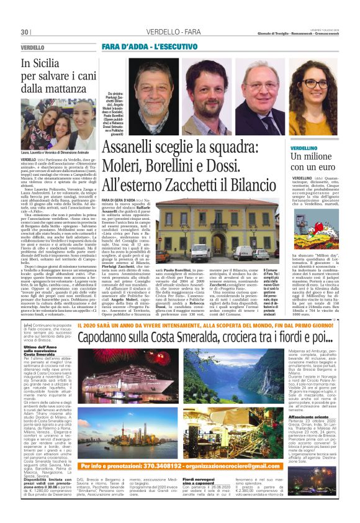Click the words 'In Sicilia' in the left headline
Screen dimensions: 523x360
click(x=42, y=63)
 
